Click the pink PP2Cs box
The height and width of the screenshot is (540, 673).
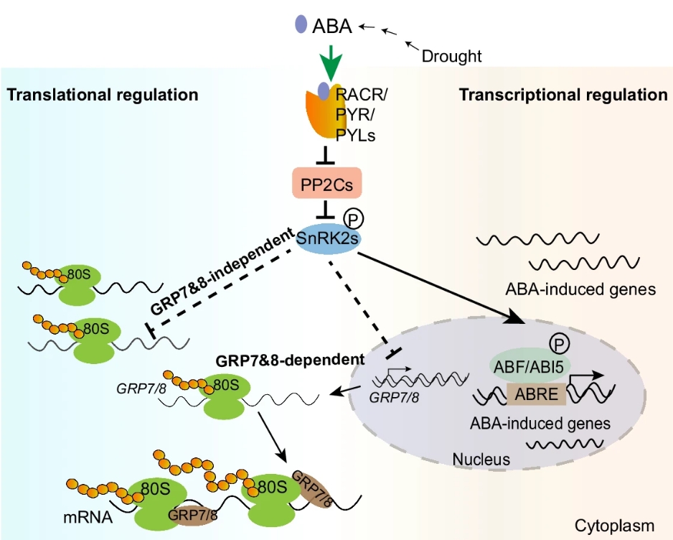coord(326,183)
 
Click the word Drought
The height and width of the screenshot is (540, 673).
coord(451,55)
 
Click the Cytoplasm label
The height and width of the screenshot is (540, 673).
coord(616,526)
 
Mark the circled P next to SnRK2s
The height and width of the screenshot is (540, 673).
coord(353,217)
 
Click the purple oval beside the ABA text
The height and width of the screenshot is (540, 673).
coord(301,25)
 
